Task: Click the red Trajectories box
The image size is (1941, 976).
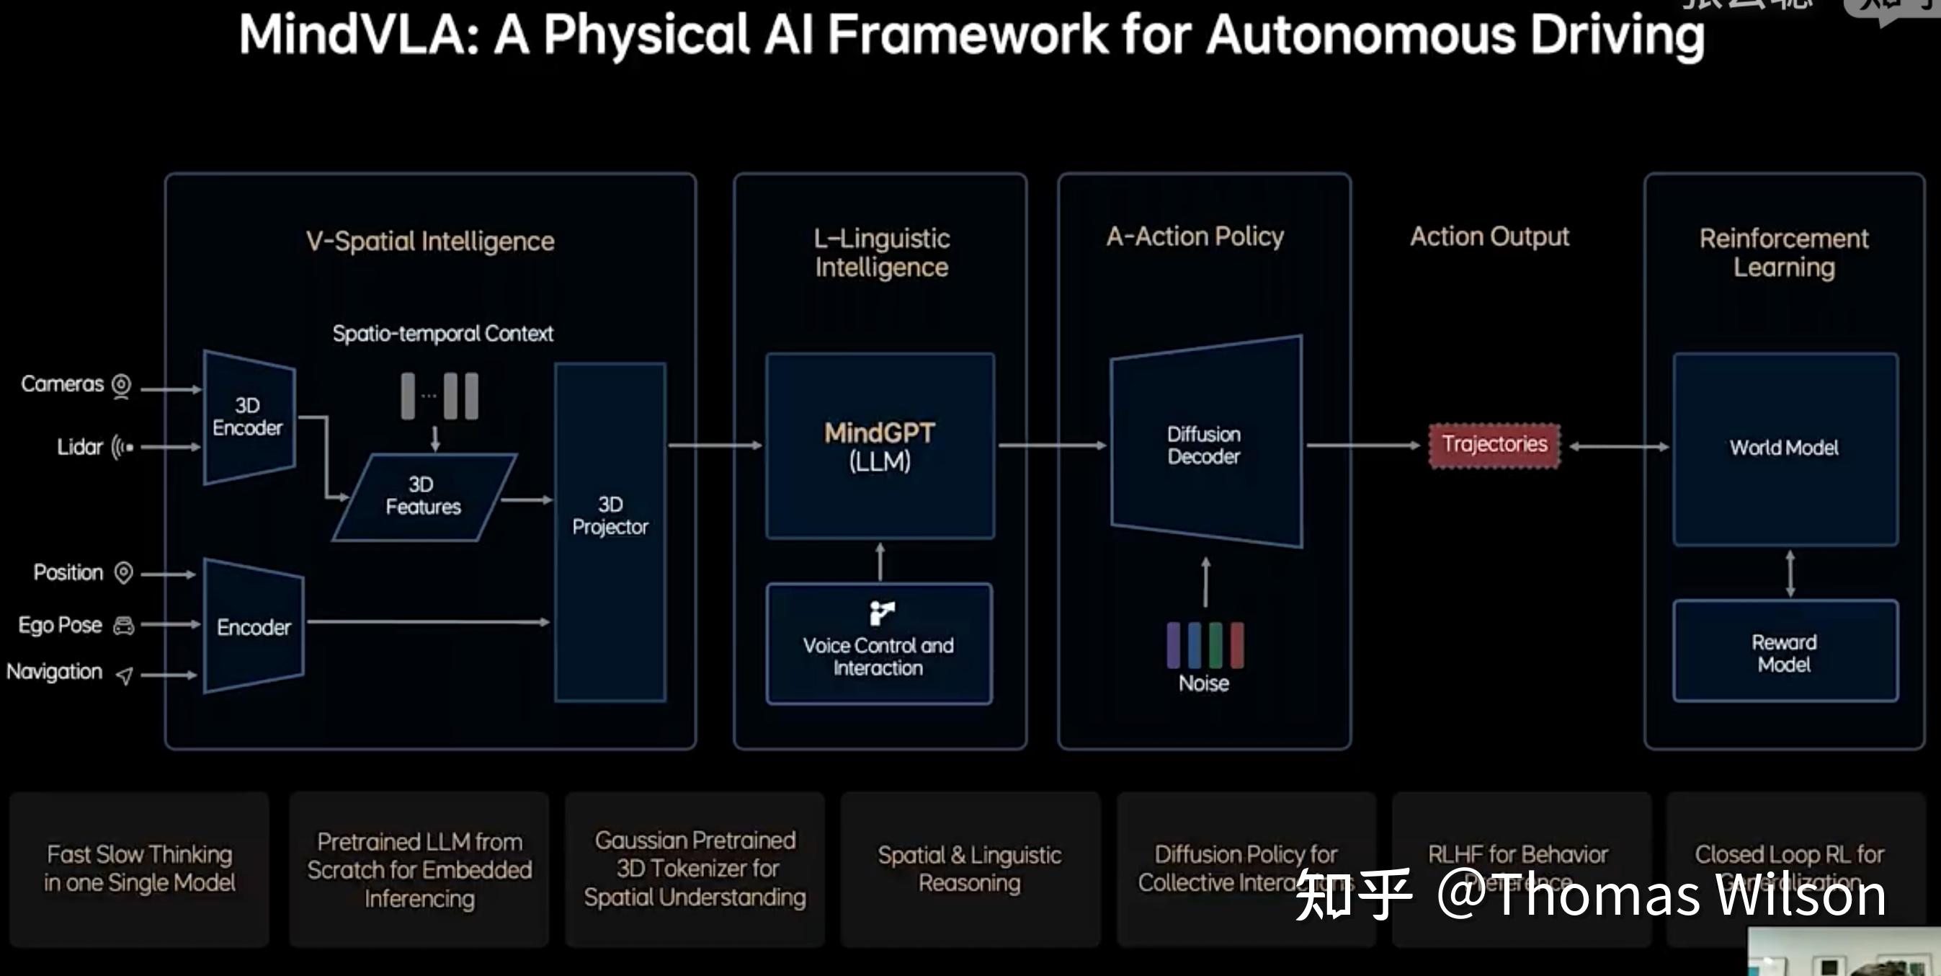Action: (1494, 445)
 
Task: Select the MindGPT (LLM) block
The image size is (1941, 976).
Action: (879, 445)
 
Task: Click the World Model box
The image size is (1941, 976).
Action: (1784, 448)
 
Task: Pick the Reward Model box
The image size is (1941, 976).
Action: (1784, 652)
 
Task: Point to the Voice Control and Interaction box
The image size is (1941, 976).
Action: (878, 644)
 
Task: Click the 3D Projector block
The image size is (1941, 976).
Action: (610, 531)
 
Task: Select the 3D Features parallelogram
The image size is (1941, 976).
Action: (424, 497)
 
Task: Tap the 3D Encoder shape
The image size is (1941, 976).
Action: (248, 417)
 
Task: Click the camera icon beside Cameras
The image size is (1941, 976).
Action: (121, 386)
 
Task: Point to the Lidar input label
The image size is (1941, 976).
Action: (80, 447)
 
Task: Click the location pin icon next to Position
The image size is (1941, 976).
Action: (122, 573)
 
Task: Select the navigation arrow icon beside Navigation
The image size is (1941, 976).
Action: (125, 675)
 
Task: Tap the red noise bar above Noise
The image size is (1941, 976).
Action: (1236, 645)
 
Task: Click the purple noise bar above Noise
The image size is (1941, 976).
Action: (1173, 645)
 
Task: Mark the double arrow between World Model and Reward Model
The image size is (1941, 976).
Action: (1790, 574)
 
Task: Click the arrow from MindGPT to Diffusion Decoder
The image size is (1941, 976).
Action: (1051, 445)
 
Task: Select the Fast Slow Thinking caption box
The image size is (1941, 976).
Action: (139, 868)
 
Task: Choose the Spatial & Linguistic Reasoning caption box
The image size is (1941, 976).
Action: (969, 868)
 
